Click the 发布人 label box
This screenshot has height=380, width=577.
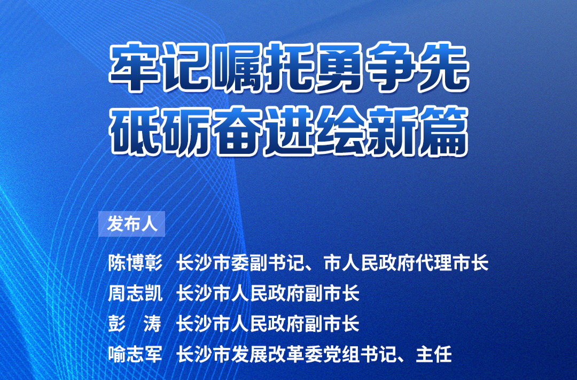click(x=132, y=224)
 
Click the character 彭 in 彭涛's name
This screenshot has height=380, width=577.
click(x=116, y=324)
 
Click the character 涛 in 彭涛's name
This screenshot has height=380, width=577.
click(x=153, y=324)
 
